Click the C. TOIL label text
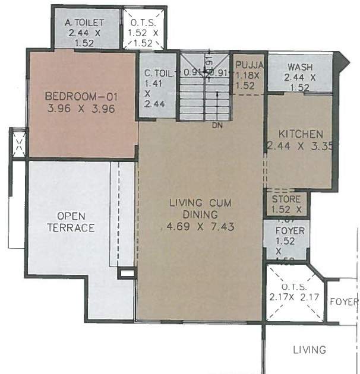tap(157, 74)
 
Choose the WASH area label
tap(299, 67)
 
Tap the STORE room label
tap(286, 199)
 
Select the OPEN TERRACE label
tap(71, 221)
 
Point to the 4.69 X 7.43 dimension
tap(200, 226)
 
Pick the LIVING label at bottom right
tap(309, 350)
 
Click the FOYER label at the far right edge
tap(345, 302)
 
